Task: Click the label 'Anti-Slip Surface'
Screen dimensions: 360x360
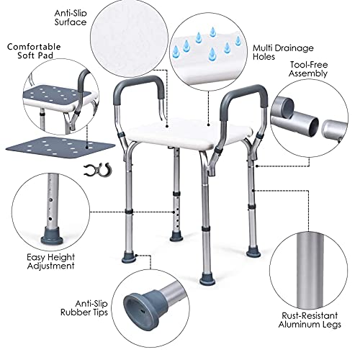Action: pos(71,18)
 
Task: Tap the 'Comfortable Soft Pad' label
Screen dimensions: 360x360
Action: pos(34,51)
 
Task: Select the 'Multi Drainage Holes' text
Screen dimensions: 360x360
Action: pos(283,52)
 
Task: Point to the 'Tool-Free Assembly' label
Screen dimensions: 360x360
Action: pos(308,69)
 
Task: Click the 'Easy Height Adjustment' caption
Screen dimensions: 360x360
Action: pos(50,261)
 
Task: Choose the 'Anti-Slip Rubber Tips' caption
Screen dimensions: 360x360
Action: pos(84,308)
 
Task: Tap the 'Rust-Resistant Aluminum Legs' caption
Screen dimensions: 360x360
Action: pos(310,320)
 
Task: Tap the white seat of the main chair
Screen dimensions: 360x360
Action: pos(189,133)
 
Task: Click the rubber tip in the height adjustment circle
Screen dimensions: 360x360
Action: pos(52,236)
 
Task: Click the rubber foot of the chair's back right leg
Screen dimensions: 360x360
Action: pos(253,253)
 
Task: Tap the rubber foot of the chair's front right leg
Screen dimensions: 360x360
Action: pos(207,279)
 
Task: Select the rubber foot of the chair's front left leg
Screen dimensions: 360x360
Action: pos(129,258)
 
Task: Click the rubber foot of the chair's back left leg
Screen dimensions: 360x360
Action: pos(176,237)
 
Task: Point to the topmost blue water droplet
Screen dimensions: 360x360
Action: pos(212,32)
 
